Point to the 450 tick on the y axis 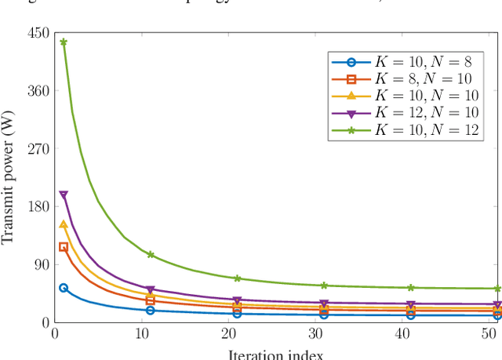(x=37, y=34)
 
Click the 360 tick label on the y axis (x=37, y=91)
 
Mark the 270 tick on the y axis (x=37, y=149)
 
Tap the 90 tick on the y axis (x=40, y=264)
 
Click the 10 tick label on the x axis (x=142, y=334)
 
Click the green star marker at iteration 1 (x=64, y=42)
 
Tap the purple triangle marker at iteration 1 (x=64, y=195)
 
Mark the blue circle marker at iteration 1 (x=64, y=288)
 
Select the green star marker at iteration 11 (x=151, y=255)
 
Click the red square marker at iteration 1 (x=64, y=247)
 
